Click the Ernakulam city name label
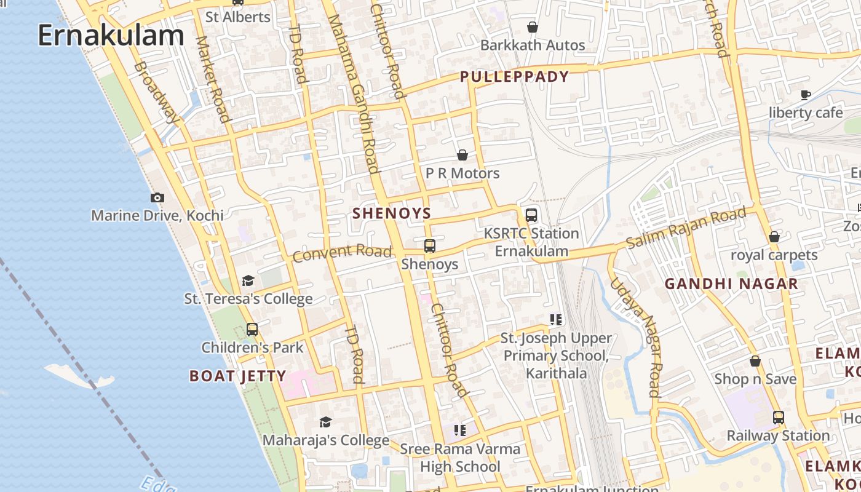(x=111, y=36)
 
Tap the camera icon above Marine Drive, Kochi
(x=157, y=197)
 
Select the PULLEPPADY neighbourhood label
(x=515, y=77)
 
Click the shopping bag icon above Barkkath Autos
(x=533, y=27)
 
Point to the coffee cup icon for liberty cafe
(x=806, y=94)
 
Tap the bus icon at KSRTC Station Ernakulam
(x=531, y=215)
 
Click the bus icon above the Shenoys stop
(x=430, y=246)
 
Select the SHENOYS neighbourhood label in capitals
(x=392, y=213)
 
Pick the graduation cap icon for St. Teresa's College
(x=248, y=281)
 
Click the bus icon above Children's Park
(x=252, y=329)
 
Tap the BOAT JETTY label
(x=237, y=376)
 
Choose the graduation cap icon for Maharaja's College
(x=325, y=423)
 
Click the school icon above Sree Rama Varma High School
(x=460, y=430)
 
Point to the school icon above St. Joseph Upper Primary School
(x=556, y=319)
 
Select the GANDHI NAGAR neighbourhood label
(x=731, y=284)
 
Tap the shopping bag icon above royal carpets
(x=774, y=237)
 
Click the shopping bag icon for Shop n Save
(x=755, y=361)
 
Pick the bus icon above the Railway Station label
(x=779, y=418)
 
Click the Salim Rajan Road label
(x=686, y=228)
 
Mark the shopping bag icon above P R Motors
(x=462, y=155)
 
